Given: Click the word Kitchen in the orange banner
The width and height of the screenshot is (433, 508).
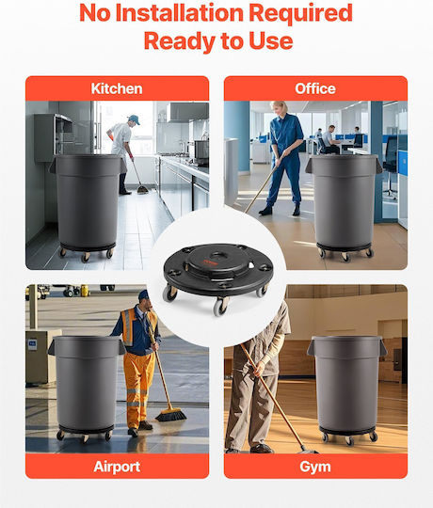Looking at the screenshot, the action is [117, 88].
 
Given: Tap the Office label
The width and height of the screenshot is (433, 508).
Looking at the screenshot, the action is [315, 88].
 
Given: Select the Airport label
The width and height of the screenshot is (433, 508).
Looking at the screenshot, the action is [117, 467].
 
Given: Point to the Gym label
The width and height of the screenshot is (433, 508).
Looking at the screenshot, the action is [315, 467].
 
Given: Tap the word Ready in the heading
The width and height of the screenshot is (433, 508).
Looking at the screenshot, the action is [180, 41].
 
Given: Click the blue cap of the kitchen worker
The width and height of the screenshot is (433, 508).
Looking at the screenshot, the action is [135, 119].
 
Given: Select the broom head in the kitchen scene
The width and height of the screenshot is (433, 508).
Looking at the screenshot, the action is [142, 189].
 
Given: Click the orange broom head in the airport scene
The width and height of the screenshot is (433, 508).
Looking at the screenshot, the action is [170, 415].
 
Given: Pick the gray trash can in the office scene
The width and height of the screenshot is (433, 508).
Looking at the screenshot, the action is [344, 201].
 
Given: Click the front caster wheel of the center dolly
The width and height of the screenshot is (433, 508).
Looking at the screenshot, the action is [220, 307].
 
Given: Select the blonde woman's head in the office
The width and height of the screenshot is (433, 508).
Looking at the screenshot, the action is [279, 108].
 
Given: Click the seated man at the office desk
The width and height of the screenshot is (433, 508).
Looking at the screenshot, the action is [329, 139].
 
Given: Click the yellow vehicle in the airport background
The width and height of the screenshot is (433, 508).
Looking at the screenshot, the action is [85, 291].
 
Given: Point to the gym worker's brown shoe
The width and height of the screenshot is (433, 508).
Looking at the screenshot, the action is [262, 449].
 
